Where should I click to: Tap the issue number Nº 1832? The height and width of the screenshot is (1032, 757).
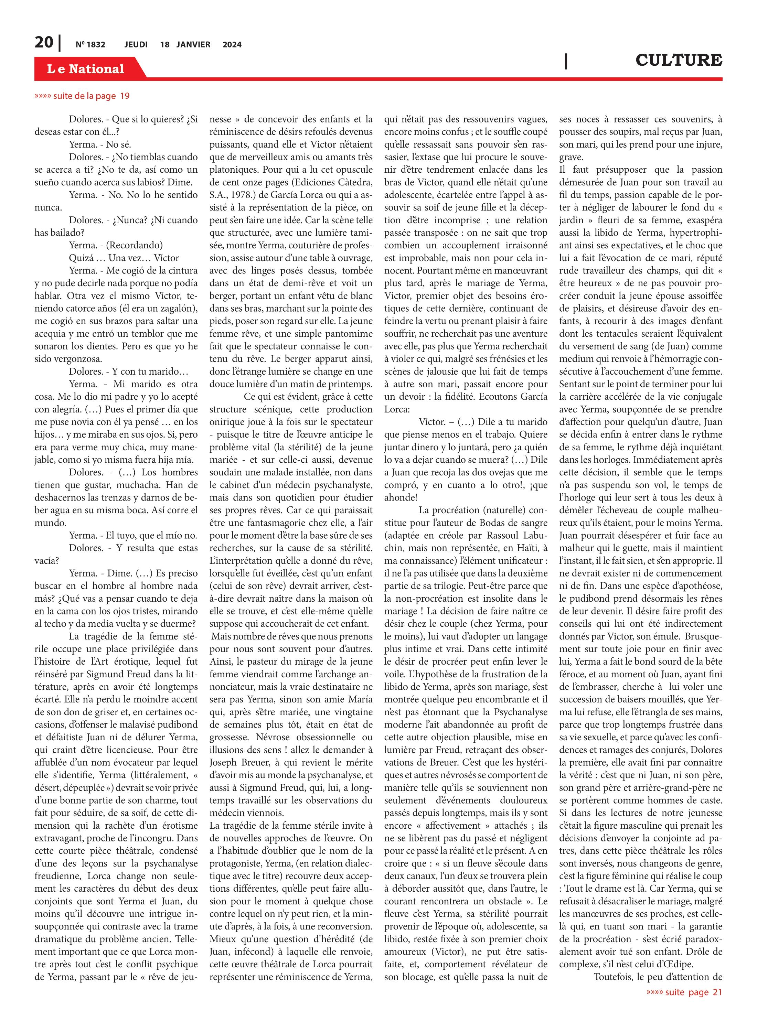click(x=90, y=44)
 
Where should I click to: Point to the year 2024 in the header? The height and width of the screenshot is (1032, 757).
click(x=232, y=44)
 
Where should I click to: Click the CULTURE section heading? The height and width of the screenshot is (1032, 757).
click(x=678, y=60)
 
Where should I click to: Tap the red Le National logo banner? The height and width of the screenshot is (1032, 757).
click(x=86, y=69)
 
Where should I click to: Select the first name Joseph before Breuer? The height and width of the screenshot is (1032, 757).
click(x=223, y=762)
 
